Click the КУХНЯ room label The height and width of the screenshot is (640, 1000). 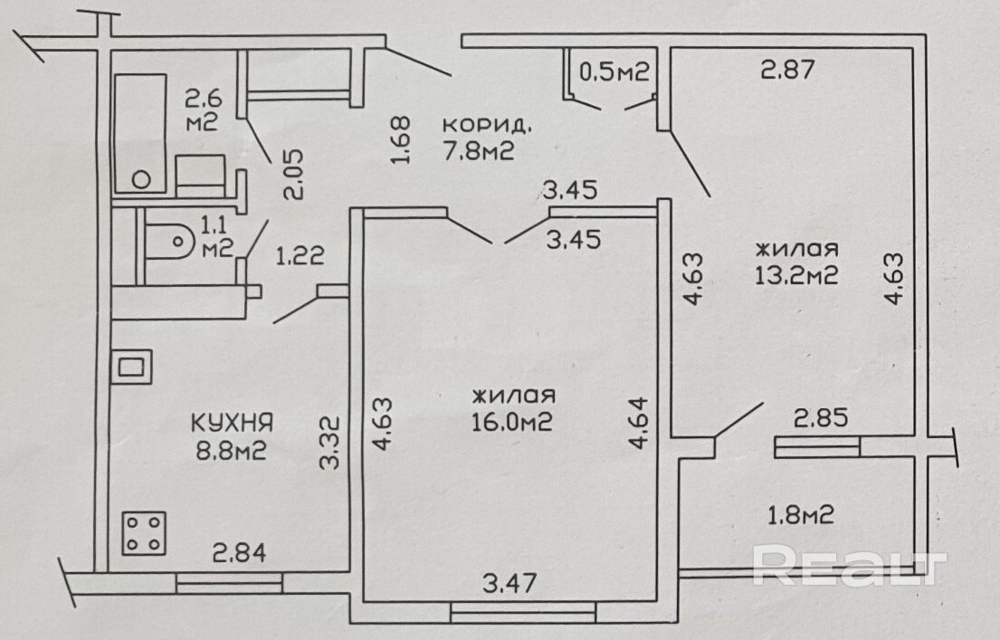click(232, 423)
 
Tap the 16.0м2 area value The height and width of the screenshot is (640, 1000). click(511, 423)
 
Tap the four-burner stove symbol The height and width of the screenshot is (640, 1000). click(145, 533)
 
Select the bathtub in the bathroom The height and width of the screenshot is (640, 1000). click(140, 133)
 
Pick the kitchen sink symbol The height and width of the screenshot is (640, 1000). click(131, 368)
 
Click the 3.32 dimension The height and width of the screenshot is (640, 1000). click(331, 441)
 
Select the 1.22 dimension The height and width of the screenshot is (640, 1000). click(300, 257)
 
